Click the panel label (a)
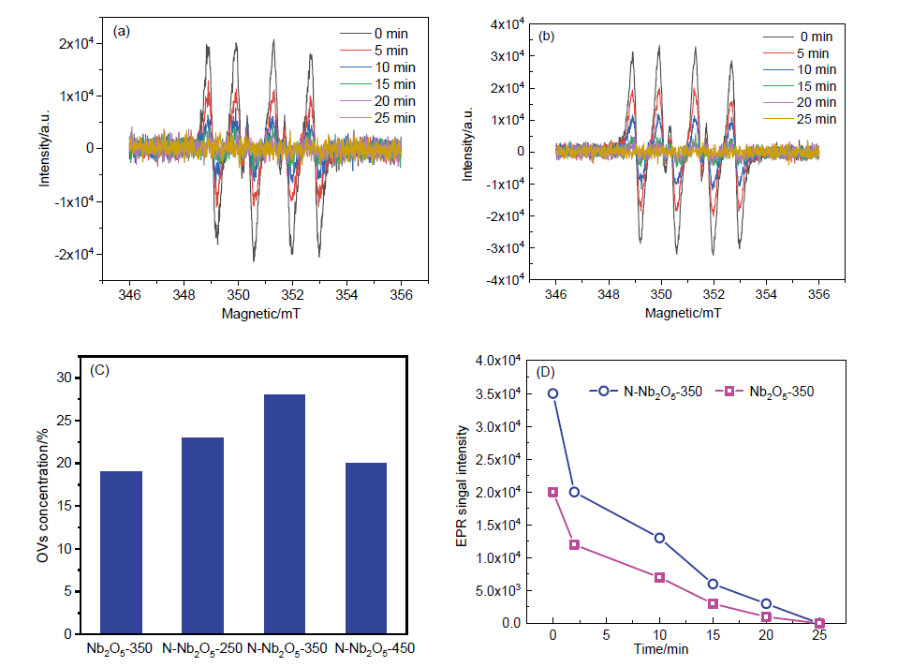coord(122,31)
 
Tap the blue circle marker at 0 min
coord(552,393)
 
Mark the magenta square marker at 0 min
coord(552,492)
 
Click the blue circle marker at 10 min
coord(659,538)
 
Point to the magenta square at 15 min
coord(713,603)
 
